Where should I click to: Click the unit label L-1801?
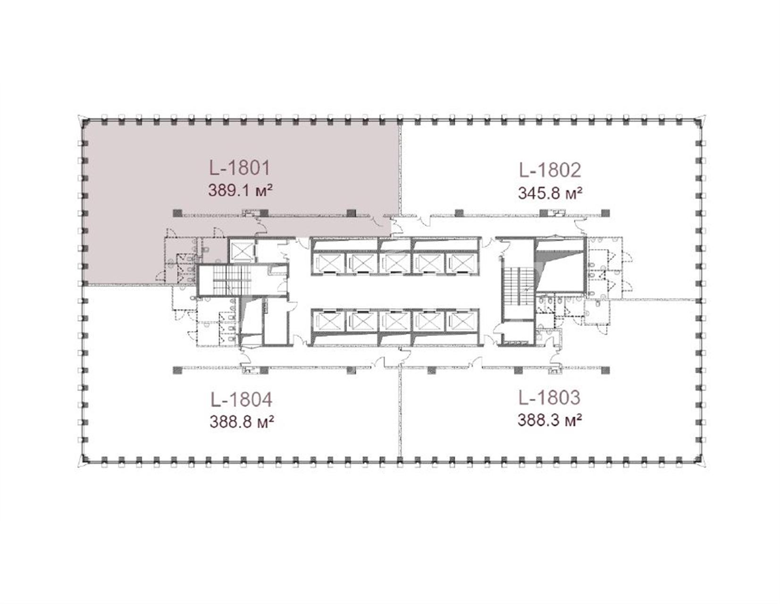(x=239, y=168)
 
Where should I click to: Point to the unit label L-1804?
(x=242, y=400)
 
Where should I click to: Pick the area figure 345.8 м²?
(x=550, y=193)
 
